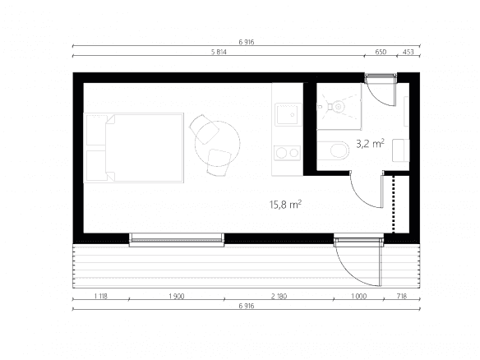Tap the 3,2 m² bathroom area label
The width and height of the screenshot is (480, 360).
click(370, 143)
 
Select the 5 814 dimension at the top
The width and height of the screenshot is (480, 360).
click(219, 52)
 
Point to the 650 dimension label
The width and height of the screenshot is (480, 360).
click(381, 52)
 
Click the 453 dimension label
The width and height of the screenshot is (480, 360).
click(408, 52)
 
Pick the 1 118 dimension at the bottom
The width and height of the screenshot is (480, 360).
click(101, 296)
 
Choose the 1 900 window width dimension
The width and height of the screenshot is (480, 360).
click(177, 296)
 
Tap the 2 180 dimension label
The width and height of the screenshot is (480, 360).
click(279, 296)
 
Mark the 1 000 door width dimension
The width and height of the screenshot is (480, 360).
click(358, 296)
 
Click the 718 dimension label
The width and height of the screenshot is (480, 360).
click(402, 296)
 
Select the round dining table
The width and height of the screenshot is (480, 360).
click(217, 144)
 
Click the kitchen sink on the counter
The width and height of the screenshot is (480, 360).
click(288, 114)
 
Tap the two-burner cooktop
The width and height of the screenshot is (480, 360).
click(287, 153)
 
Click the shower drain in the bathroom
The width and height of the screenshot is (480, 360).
click(339, 107)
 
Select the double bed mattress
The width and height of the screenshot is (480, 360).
click(145, 148)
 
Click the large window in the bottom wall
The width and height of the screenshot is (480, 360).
click(177, 240)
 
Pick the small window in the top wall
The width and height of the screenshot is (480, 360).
click(381, 78)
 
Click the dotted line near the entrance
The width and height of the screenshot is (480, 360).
click(394, 204)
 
